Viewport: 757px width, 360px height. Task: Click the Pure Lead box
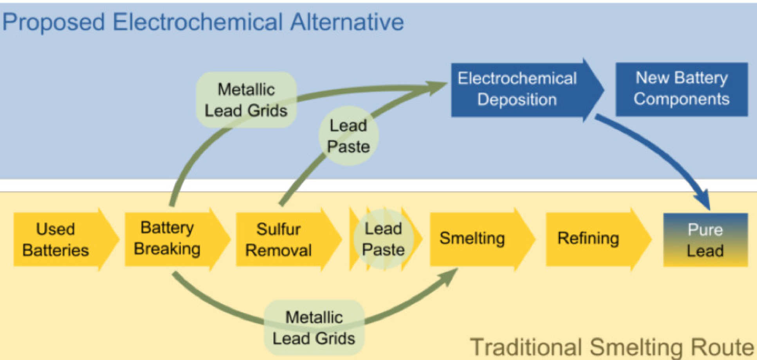(x=705, y=239)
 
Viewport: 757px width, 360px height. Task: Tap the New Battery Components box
(x=681, y=89)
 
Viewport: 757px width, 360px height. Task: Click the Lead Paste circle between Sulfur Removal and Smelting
(x=383, y=239)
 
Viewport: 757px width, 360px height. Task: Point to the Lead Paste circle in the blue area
(x=348, y=136)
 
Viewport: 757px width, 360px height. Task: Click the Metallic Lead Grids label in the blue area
(x=246, y=100)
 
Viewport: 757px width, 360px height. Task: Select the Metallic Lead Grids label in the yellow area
(x=314, y=328)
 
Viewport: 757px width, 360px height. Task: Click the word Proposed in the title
(x=54, y=22)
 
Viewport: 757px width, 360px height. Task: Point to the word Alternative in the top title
(x=347, y=22)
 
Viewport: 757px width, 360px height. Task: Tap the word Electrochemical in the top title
(x=197, y=22)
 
